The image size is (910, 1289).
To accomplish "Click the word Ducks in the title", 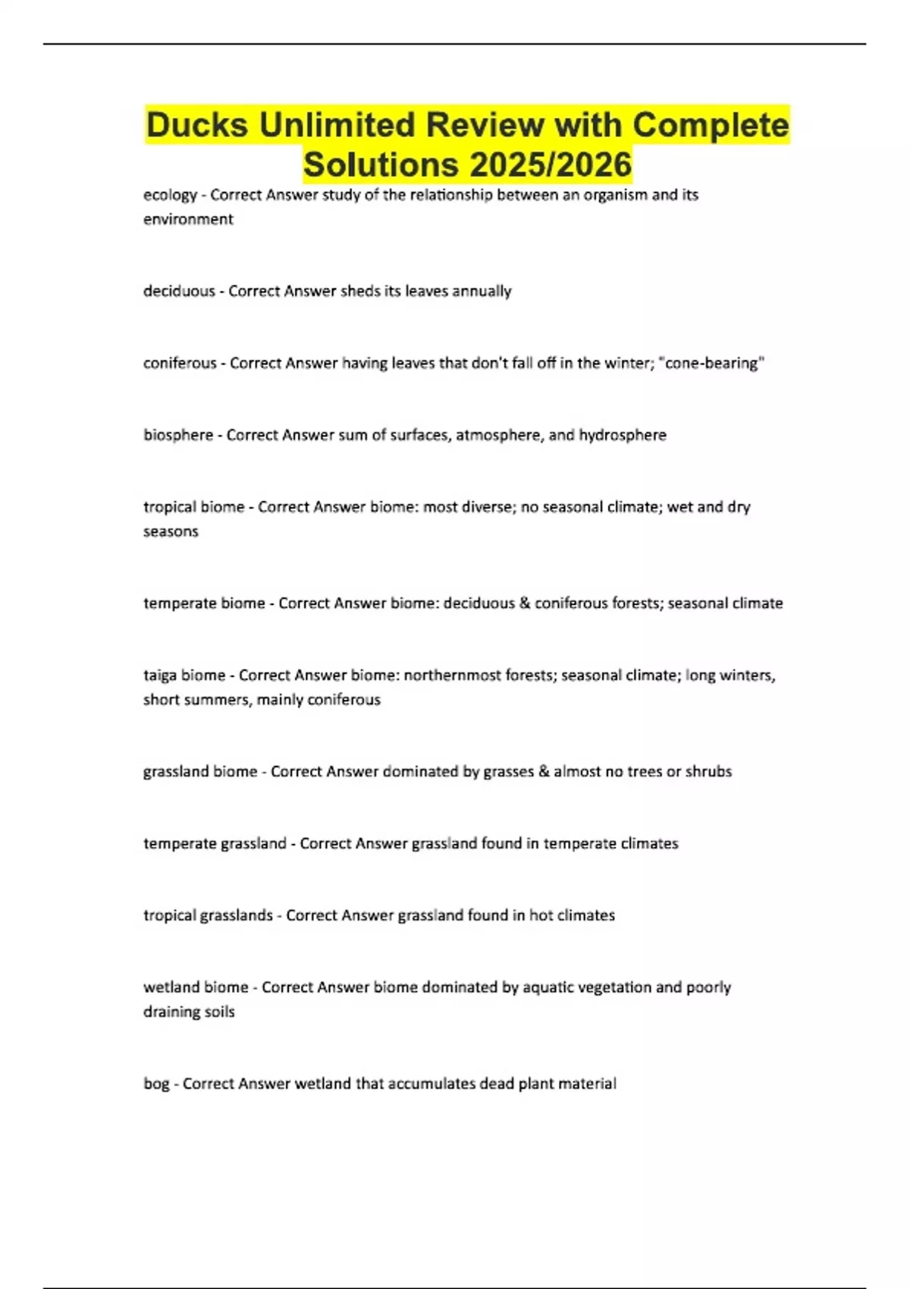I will (x=196, y=125).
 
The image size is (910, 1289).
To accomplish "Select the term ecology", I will (x=170, y=195).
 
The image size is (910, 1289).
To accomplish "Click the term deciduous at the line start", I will (x=179, y=291).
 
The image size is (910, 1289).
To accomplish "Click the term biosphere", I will (x=178, y=435).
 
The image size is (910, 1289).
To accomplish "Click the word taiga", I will (x=161, y=676).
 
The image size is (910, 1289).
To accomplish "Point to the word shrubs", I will (x=708, y=772).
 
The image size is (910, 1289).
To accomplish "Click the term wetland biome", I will (x=196, y=987).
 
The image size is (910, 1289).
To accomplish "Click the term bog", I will (x=156, y=1084).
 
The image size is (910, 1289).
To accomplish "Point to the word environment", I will (x=188, y=219).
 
